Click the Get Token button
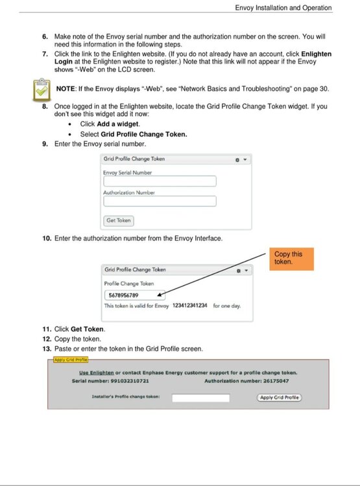pyautogui.click(x=119, y=221)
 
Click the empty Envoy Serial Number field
pyautogui.click(x=160, y=181)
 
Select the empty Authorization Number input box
pyautogui.click(x=160, y=201)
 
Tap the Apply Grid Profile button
pyautogui.click(x=280, y=397)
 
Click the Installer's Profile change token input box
pyautogui.click(x=201, y=398)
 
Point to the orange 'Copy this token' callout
pyautogui.click(x=291, y=259)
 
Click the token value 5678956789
pyautogui.click(x=123, y=295)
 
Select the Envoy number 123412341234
pyautogui.click(x=189, y=306)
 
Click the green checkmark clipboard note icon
pyautogui.click(x=42, y=89)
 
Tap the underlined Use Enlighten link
pyautogui.click(x=97, y=373)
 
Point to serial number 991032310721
pyautogui.click(x=130, y=381)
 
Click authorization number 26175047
pyautogui.click(x=276, y=381)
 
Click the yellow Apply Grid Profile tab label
pyautogui.click(x=71, y=360)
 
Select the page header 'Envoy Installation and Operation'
pyautogui.click(x=283, y=8)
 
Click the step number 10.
pyautogui.click(x=47, y=238)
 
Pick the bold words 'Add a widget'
pyautogui.click(x=117, y=124)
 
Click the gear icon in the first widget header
pyautogui.click(x=237, y=160)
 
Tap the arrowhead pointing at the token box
pyautogui.click(x=160, y=294)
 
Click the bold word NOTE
pyautogui.click(x=66, y=89)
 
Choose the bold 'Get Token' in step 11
pyautogui.click(x=87, y=329)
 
